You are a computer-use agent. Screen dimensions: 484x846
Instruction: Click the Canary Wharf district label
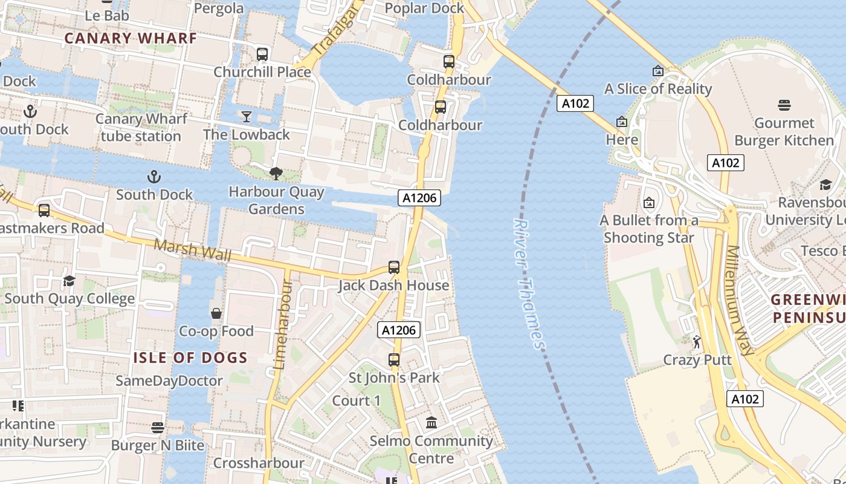131,38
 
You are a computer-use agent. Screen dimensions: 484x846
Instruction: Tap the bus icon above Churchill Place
262,54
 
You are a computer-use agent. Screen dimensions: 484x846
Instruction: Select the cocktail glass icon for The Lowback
246,116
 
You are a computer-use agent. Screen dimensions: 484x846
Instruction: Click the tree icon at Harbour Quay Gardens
276,174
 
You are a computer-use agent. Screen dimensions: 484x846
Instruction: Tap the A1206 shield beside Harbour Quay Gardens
419,197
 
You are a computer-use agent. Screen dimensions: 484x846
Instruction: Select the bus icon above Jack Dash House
394,267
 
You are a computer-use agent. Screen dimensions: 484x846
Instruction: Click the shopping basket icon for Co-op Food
216,313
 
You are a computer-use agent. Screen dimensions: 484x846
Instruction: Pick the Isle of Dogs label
190,358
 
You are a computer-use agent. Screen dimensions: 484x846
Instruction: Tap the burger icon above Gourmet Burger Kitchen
784,105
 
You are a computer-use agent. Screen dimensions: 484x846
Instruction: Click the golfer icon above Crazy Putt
697,342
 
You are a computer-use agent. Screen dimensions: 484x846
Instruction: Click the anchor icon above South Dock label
154,177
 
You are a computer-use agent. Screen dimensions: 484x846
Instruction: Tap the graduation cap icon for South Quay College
69,281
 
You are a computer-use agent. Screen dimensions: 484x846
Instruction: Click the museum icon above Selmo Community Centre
431,422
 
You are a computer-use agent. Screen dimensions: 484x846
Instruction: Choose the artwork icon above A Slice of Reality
658,71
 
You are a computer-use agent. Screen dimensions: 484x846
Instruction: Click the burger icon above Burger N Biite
158,428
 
